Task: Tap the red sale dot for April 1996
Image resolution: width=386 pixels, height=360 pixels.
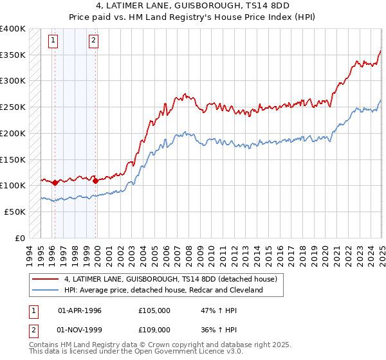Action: (55, 183)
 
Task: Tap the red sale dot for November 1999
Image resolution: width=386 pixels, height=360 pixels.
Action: (95, 181)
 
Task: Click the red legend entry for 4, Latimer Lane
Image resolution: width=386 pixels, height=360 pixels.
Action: (170, 279)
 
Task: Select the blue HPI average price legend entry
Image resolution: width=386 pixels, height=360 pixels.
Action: (163, 290)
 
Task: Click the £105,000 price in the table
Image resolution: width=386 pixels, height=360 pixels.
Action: (154, 310)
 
